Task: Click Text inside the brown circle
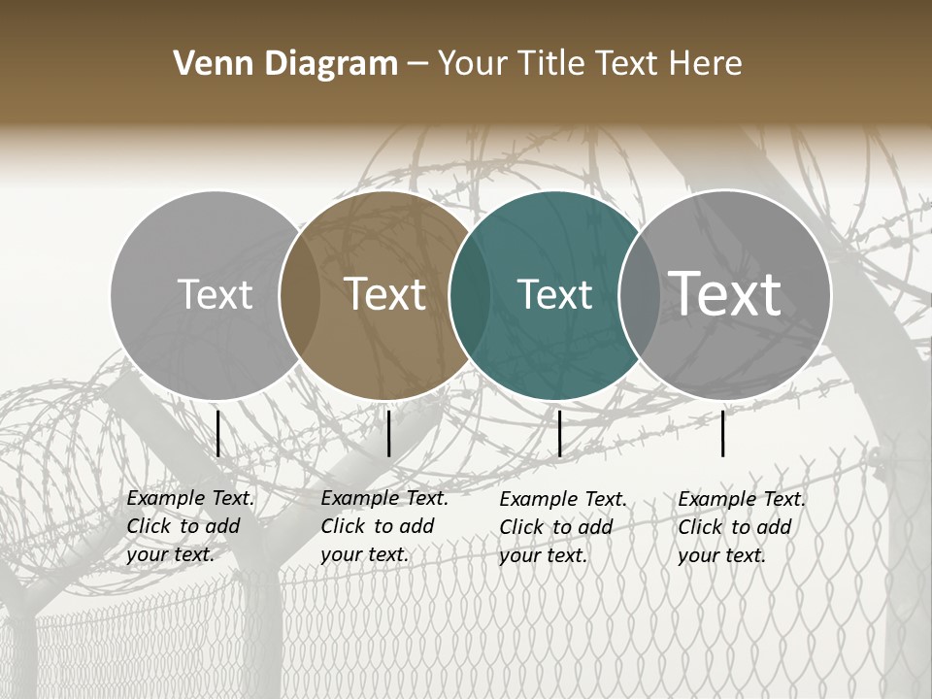[385, 294]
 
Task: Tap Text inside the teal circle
[554, 294]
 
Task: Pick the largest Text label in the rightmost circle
[725, 293]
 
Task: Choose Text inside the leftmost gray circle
[215, 294]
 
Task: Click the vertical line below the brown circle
[388, 433]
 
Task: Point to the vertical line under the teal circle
[559, 433]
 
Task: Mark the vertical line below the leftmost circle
[217, 433]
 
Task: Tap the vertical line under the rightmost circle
[723, 433]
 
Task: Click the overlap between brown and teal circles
[469, 294]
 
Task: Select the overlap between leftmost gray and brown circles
[300, 294]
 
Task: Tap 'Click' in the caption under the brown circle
[343, 526]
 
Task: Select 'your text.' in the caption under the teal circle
[543, 555]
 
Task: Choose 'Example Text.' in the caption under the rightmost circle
[742, 499]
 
